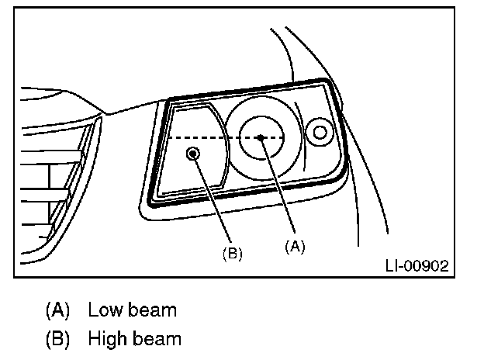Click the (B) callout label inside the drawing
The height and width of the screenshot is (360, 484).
click(233, 254)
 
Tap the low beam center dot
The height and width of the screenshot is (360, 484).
click(262, 137)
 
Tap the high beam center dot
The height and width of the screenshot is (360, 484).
click(194, 154)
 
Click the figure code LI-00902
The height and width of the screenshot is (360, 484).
click(416, 266)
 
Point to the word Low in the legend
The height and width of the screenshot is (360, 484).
click(103, 311)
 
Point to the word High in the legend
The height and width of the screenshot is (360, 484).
click(105, 339)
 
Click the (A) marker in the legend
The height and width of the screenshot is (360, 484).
click(57, 311)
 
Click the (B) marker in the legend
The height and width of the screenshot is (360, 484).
click(57, 339)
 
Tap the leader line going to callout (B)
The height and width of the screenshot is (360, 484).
click(213, 202)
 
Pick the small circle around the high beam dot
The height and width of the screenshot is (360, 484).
click(199, 154)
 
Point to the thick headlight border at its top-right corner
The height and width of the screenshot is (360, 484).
click(331, 83)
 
